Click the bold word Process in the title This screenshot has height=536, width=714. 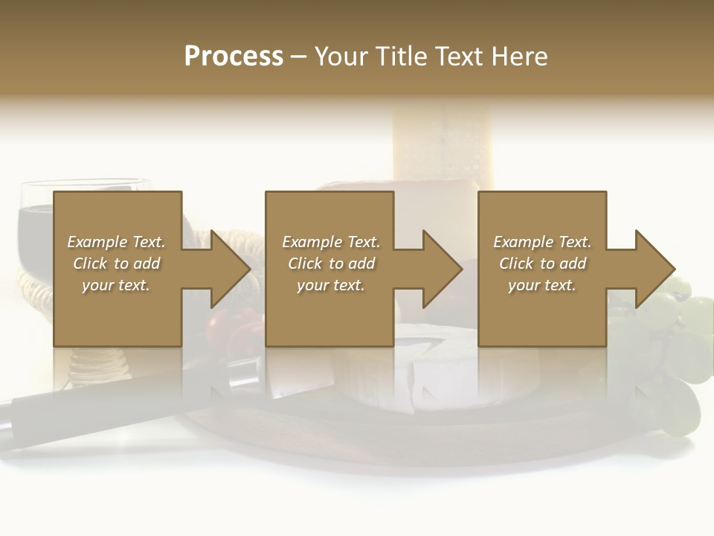pyautogui.click(x=234, y=57)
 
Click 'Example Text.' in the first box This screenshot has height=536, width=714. pyautogui.click(x=116, y=242)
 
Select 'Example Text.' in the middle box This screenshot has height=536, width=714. pyautogui.click(x=331, y=242)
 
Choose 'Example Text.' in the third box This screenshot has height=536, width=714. pyautogui.click(x=542, y=242)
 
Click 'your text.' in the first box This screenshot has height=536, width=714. pyautogui.click(x=116, y=285)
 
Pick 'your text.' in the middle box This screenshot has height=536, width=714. pyautogui.click(x=331, y=285)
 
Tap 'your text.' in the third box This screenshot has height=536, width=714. pyautogui.click(x=542, y=285)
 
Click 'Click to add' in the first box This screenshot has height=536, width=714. pyautogui.click(x=116, y=264)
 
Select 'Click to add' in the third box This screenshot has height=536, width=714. pyautogui.click(x=542, y=264)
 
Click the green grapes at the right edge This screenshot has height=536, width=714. pyautogui.click(x=688, y=328)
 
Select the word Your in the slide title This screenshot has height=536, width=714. pyautogui.click(x=340, y=57)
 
